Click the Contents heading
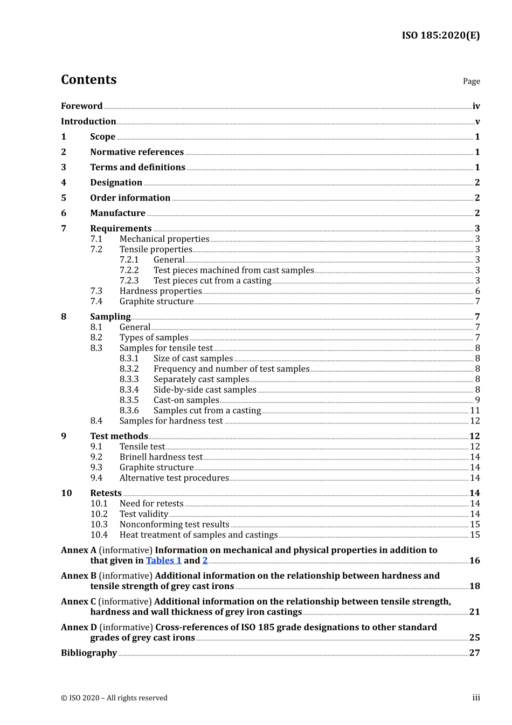(x=88, y=80)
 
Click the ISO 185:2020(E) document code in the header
(x=440, y=36)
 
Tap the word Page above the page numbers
(x=471, y=81)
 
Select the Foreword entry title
(x=81, y=106)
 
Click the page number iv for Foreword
(x=476, y=106)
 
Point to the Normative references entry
(x=137, y=152)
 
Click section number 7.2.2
(x=129, y=270)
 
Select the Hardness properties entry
(x=161, y=291)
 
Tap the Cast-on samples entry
(x=186, y=400)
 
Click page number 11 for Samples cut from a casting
(x=475, y=411)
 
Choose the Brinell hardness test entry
(x=161, y=457)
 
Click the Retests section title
(x=106, y=493)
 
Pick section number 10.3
(x=99, y=524)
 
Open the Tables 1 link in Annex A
(x=164, y=560)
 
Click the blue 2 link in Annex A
(x=205, y=560)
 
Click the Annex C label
(x=78, y=601)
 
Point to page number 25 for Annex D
(x=474, y=638)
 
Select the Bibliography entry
(x=89, y=653)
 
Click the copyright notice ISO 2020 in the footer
(x=114, y=698)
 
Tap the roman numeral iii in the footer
(x=476, y=697)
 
